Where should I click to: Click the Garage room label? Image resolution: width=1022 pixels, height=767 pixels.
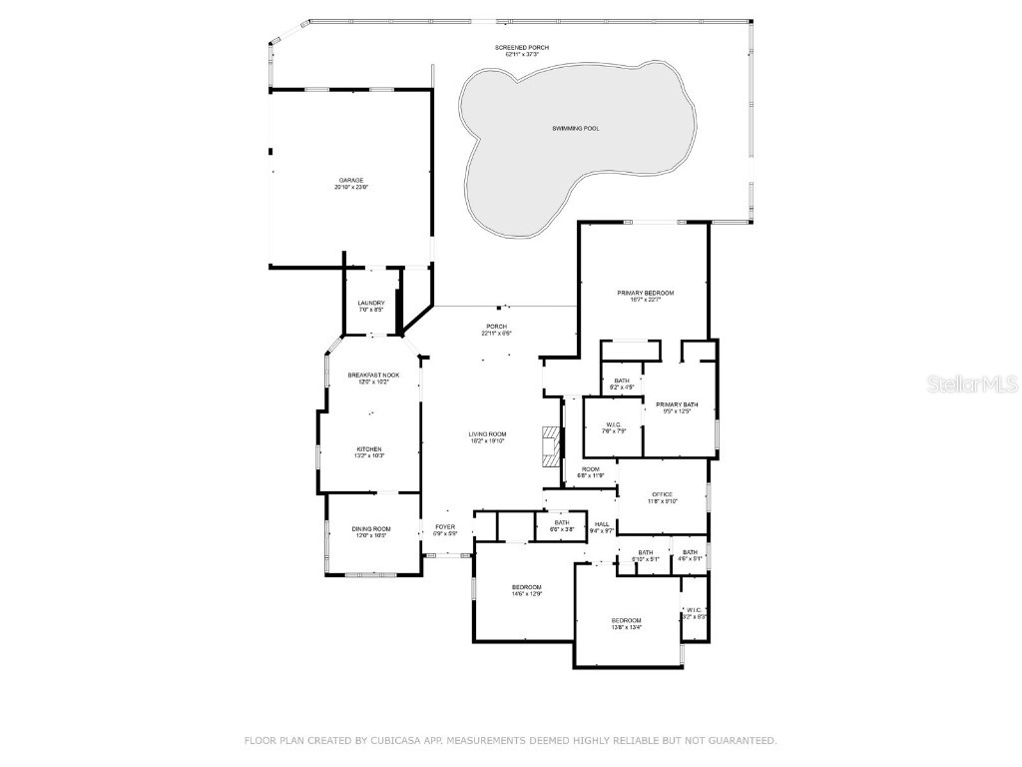coord(350,180)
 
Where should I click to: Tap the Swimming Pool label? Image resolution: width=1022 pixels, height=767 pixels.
coord(576,129)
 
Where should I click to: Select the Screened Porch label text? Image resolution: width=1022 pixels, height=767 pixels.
coord(522,48)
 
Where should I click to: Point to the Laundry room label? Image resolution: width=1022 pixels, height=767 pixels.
coord(371,304)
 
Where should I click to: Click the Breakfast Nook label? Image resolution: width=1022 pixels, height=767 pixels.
coord(368,376)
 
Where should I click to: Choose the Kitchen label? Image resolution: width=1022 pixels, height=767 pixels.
coord(369,449)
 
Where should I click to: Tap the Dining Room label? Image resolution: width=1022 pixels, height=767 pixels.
coord(370,529)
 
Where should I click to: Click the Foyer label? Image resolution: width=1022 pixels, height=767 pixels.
coord(445,527)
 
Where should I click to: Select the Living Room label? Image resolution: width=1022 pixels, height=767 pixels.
coord(488,434)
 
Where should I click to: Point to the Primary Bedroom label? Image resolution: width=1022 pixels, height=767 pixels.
coord(645,293)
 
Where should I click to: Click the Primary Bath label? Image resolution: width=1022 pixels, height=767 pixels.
coord(677,404)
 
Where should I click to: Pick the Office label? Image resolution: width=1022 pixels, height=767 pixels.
coord(663,494)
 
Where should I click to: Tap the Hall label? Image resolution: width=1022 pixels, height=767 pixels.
coord(602,524)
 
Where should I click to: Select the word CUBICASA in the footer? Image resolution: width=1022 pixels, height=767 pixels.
coord(395,741)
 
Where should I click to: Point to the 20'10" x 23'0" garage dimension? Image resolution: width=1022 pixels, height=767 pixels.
coord(350,188)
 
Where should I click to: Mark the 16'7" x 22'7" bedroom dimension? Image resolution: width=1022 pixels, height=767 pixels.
coord(645,300)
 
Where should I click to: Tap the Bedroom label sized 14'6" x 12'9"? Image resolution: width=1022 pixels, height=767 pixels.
coord(526,586)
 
